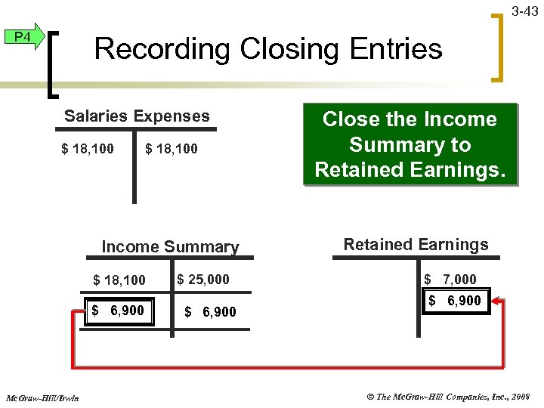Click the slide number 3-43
tap(524, 11)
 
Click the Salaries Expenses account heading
tap(137, 116)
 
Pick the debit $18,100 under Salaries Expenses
tap(88, 149)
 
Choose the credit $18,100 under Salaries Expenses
tap(172, 149)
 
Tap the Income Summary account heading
tap(170, 247)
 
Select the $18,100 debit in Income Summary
tap(119, 280)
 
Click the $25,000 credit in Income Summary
tap(202, 279)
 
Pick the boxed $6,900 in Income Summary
tap(119, 311)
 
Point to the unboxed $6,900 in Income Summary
tap(210, 312)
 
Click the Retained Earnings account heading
tap(416, 245)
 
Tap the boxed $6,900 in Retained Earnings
tap(454, 301)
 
